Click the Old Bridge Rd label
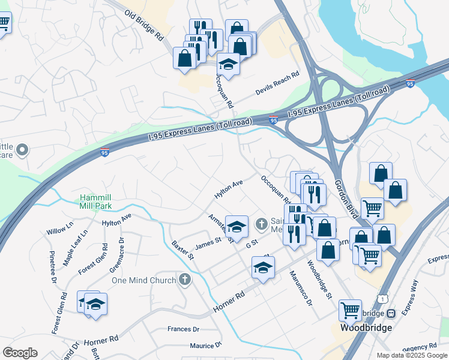(144, 25)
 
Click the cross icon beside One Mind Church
(185, 280)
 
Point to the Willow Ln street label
(59, 228)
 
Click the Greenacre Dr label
(117, 254)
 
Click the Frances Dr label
(183, 329)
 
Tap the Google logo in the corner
(20, 353)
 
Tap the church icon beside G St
(261, 224)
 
